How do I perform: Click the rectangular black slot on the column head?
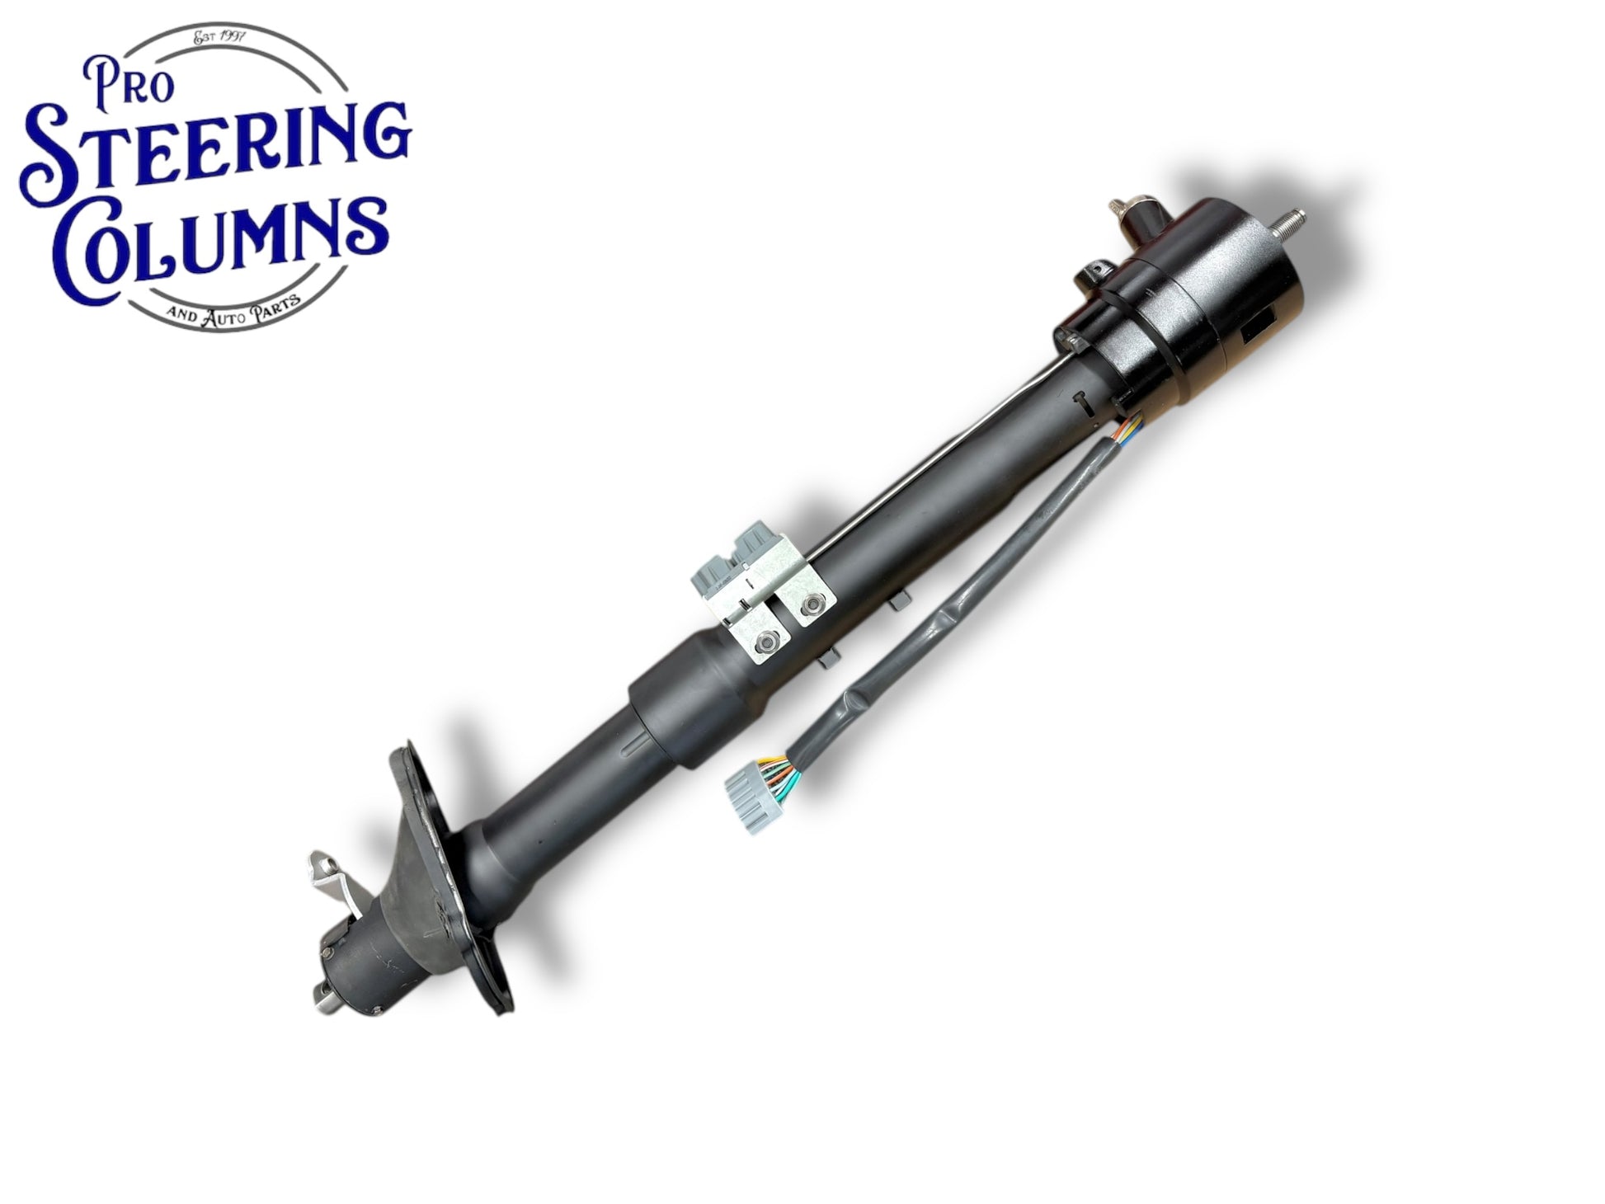coord(1260,332)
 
